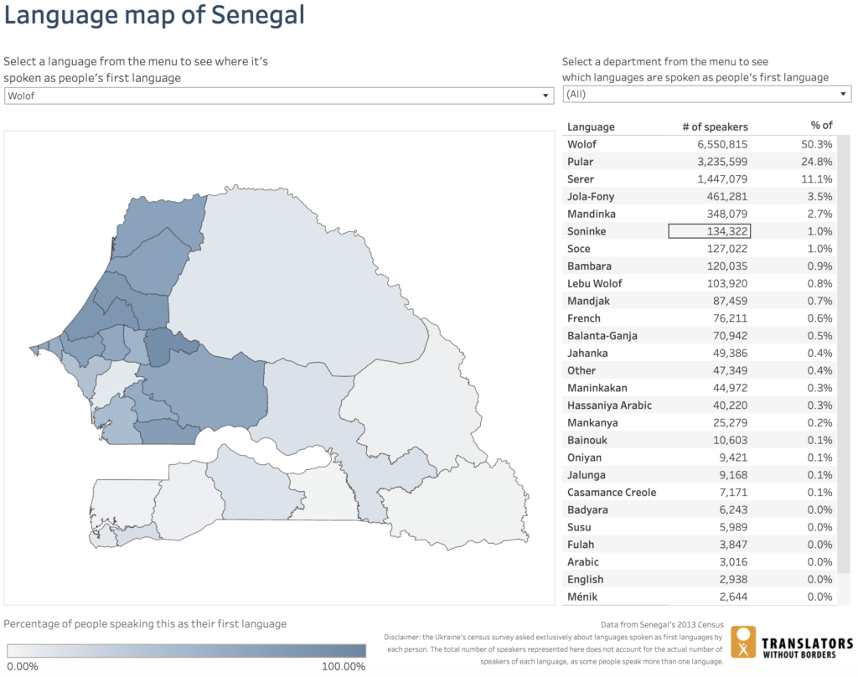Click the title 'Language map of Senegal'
pyautogui.click(x=154, y=15)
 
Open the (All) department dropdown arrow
pyautogui.click(x=843, y=94)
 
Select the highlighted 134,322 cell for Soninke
pyautogui.click(x=709, y=231)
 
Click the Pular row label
pyautogui.click(x=580, y=162)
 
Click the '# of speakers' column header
pyautogui.click(x=715, y=127)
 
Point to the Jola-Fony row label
pyautogui.click(x=590, y=197)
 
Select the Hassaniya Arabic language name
pyautogui.click(x=609, y=406)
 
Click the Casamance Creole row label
pyautogui.click(x=611, y=493)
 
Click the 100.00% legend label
pyautogui.click(x=344, y=667)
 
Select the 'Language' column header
pyautogui.click(x=591, y=127)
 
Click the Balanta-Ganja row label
pyautogui.click(x=602, y=336)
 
